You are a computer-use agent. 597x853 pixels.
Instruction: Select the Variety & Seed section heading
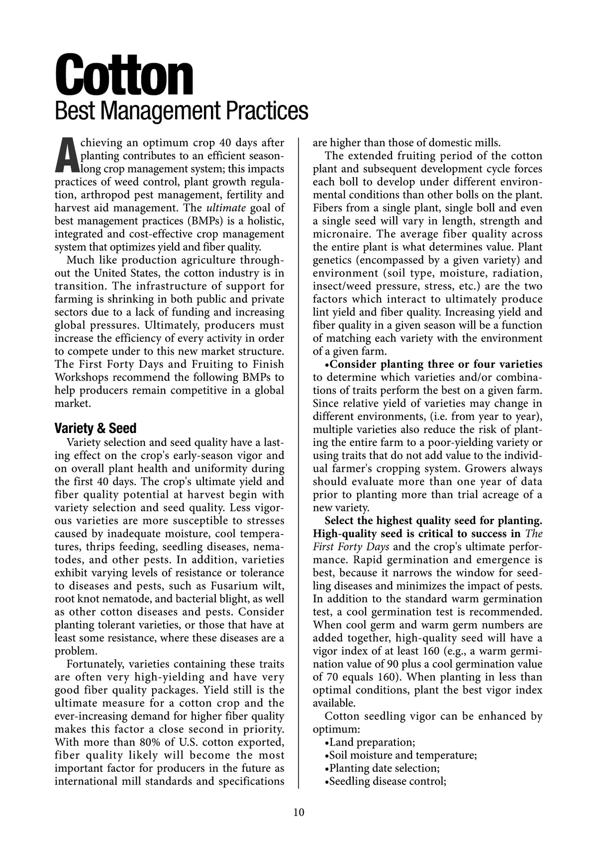(95, 428)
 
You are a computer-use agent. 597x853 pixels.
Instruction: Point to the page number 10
(298, 812)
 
